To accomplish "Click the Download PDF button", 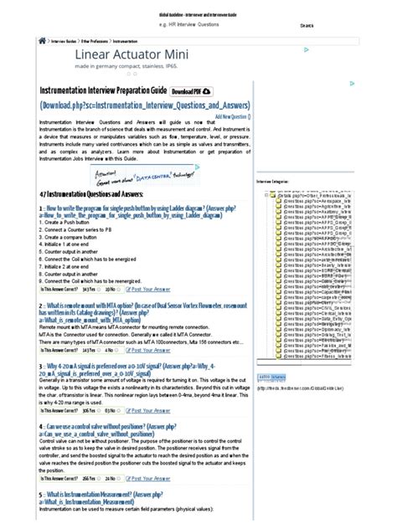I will (192, 90).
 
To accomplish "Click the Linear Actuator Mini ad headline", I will (121, 54).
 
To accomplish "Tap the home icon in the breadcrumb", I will (42, 39).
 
